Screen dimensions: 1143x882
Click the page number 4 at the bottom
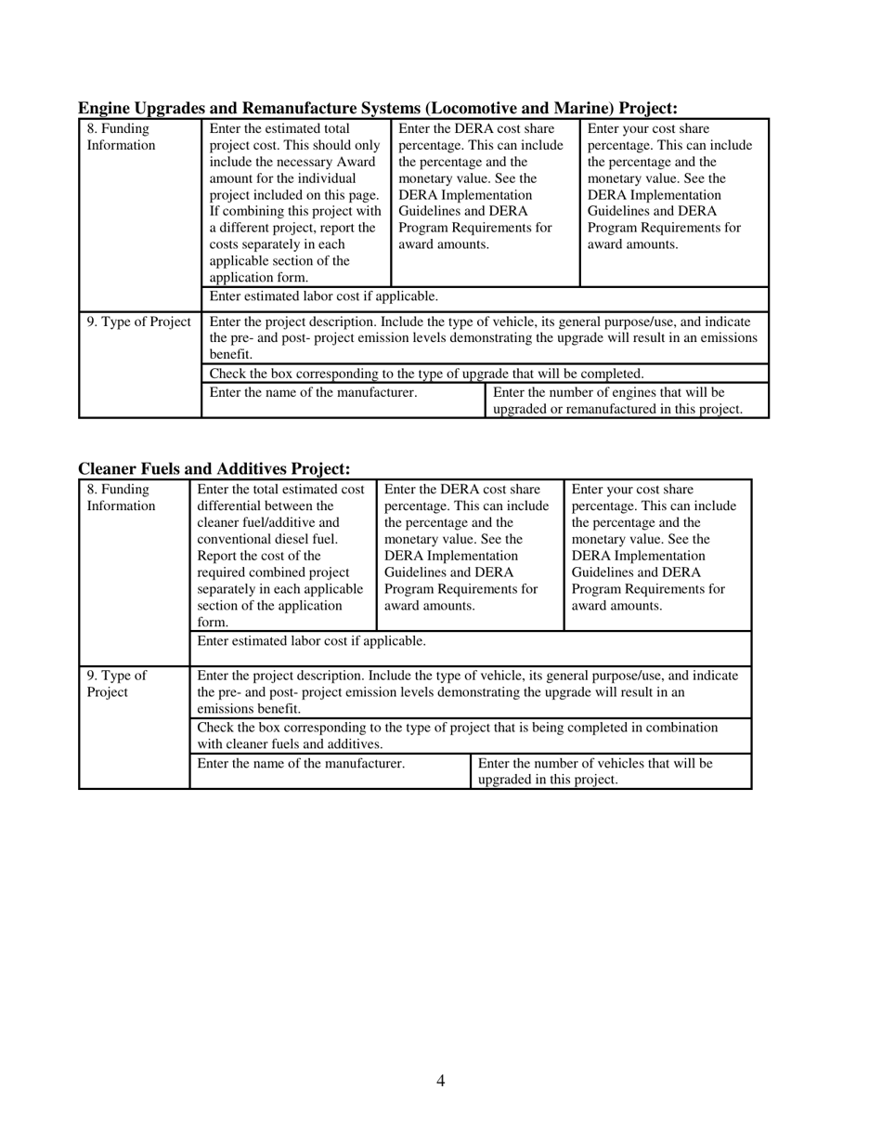point(440,1080)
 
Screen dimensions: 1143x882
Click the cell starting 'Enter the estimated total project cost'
point(295,203)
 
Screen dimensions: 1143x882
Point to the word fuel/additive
point(268,522)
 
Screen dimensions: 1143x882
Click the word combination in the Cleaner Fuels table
point(682,727)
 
